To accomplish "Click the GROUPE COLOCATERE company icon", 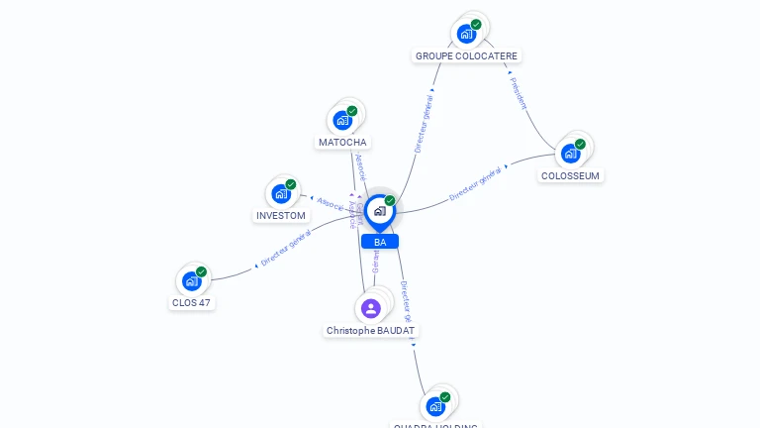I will click(x=466, y=33).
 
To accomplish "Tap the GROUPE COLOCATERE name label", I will click(x=466, y=56).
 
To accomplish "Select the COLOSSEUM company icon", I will click(x=570, y=153).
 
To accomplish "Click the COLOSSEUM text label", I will click(x=570, y=176).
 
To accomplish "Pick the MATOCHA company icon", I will click(x=343, y=120).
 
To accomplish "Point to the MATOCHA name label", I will click(x=342, y=143).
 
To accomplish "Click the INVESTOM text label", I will click(x=281, y=216).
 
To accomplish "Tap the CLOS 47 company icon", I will click(x=192, y=280).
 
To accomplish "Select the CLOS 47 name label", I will click(x=192, y=303).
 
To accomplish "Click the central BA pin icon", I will click(x=379, y=210).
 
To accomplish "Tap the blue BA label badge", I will click(x=380, y=242).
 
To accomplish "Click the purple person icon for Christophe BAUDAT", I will click(x=371, y=308).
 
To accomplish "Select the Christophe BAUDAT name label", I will click(x=371, y=331).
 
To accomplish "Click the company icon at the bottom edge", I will click(x=435, y=405).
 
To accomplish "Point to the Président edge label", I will click(x=518, y=93).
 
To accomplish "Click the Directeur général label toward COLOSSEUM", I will click(x=475, y=184).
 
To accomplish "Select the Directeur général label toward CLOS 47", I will click(x=286, y=248).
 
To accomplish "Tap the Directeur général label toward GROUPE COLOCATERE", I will click(x=424, y=123).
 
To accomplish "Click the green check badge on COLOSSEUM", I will click(x=580, y=144).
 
